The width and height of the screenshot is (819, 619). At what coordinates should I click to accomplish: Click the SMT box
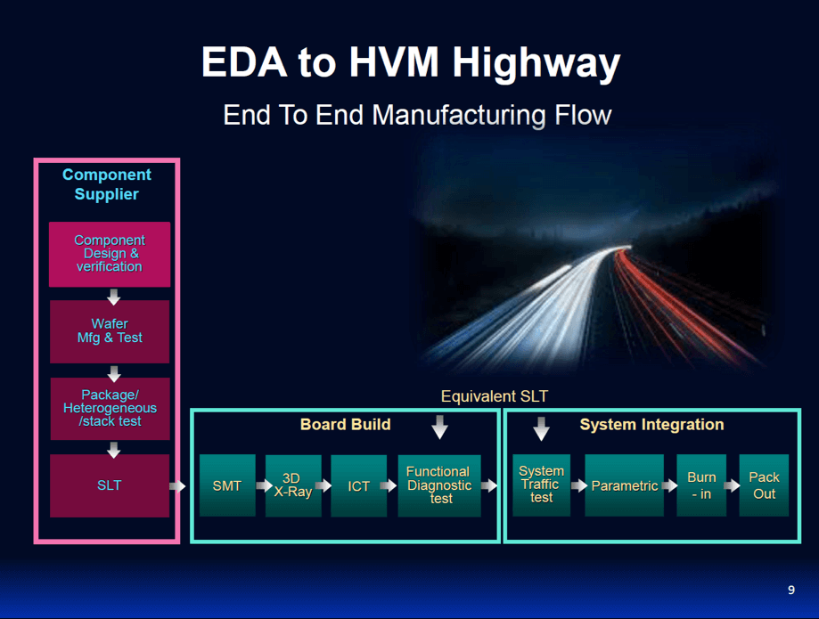(227, 485)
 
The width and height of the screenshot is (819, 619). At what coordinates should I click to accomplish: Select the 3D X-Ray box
(292, 485)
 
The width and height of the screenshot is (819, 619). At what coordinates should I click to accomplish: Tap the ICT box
(358, 485)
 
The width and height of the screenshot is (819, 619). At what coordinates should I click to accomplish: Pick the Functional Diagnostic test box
(438, 485)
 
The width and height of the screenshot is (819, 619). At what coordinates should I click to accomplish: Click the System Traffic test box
(541, 485)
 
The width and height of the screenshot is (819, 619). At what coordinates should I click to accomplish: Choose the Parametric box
(624, 485)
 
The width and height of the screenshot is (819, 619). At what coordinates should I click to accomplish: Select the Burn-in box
(701, 485)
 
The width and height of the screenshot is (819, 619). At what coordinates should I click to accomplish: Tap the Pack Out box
(764, 485)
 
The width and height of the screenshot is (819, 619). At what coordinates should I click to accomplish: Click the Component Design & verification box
(109, 254)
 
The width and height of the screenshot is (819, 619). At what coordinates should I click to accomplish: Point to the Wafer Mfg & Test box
(109, 330)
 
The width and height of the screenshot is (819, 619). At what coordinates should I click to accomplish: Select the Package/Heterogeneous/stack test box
(109, 408)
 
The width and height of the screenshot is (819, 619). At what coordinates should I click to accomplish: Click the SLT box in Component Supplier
(109, 485)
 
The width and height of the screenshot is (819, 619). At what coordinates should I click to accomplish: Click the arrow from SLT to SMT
(177, 486)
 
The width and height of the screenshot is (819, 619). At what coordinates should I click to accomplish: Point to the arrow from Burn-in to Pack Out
(732, 486)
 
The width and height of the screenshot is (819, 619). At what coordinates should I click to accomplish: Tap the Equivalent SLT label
(495, 395)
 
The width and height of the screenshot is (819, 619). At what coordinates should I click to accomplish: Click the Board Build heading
(345, 424)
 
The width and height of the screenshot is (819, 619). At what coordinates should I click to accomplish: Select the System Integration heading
(651, 424)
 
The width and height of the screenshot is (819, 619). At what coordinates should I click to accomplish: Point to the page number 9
(791, 590)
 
